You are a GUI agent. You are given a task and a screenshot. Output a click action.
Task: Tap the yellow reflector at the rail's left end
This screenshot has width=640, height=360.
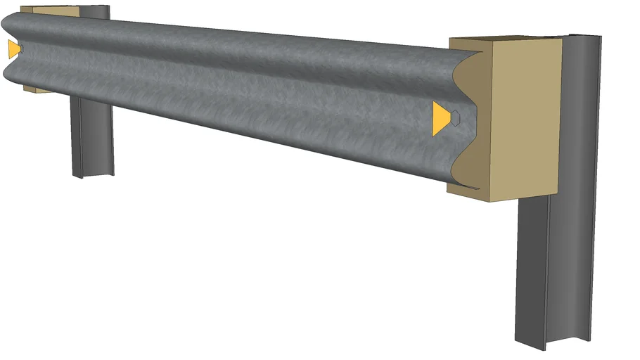coord(13,49)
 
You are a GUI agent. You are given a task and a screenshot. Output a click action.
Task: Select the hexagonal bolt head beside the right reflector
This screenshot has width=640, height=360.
coord(456,119)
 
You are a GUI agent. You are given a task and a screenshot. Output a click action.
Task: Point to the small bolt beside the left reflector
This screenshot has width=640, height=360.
coord(21,49)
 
